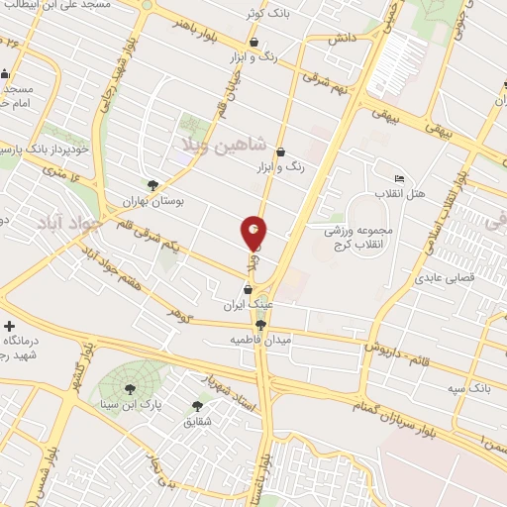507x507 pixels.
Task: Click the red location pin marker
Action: coord(254,233)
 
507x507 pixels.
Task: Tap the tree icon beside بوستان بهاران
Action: coord(152,184)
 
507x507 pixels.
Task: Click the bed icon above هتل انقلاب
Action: coord(399,177)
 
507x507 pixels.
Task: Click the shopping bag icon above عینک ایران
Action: coord(248,289)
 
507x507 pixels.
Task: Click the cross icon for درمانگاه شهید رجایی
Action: coord(10,326)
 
